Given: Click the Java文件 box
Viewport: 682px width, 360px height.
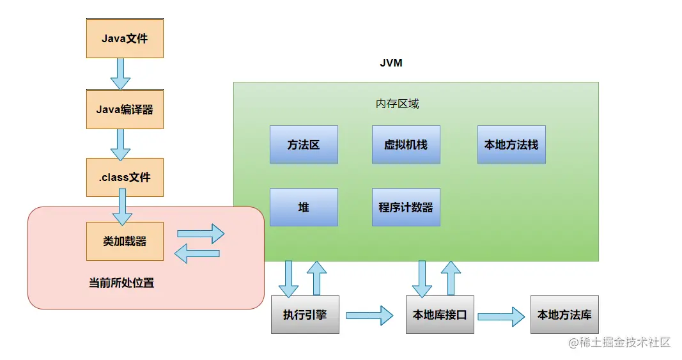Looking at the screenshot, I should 125,38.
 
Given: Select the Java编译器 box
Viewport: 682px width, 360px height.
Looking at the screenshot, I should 125,109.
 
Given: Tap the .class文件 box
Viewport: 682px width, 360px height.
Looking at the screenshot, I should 125,177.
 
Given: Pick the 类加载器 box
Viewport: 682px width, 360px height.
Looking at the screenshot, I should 125,241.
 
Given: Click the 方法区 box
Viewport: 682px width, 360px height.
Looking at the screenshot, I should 304,145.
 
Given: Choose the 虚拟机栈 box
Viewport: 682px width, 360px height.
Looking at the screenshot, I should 406,145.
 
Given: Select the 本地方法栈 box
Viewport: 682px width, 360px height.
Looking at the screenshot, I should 511,145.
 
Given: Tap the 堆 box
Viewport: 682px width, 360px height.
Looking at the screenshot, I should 304,207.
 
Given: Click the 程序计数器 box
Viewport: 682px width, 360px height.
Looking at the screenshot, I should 406,207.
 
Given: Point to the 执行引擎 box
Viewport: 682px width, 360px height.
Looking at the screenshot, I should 305,315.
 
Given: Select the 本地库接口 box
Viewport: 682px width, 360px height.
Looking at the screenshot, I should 440,315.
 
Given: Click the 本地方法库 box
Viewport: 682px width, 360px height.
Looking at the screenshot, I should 564,315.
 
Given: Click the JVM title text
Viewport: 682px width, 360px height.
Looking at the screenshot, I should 391,63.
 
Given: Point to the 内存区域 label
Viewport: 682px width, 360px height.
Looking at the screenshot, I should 397,104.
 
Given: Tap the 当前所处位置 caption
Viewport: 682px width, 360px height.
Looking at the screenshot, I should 121,283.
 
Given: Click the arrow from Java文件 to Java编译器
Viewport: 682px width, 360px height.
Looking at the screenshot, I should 120,74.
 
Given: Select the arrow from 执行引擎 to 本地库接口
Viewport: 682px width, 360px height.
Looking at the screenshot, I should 369,315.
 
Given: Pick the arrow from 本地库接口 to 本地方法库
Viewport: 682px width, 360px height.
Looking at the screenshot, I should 501,315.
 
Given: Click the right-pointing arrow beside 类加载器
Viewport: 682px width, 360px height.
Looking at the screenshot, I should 200,233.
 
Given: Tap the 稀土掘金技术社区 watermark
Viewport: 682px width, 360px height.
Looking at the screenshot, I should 619,343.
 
